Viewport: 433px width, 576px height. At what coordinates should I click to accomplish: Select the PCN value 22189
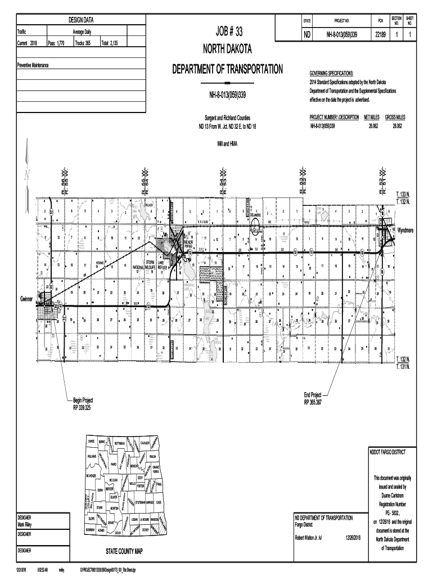(x=380, y=35)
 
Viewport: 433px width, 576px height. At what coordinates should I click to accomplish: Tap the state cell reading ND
(x=307, y=35)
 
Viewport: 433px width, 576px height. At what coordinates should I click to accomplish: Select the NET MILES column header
(x=371, y=117)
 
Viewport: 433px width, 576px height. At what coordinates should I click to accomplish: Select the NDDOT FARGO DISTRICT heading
(x=388, y=452)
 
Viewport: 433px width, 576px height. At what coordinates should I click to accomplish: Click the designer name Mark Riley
(x=28, y=525)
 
